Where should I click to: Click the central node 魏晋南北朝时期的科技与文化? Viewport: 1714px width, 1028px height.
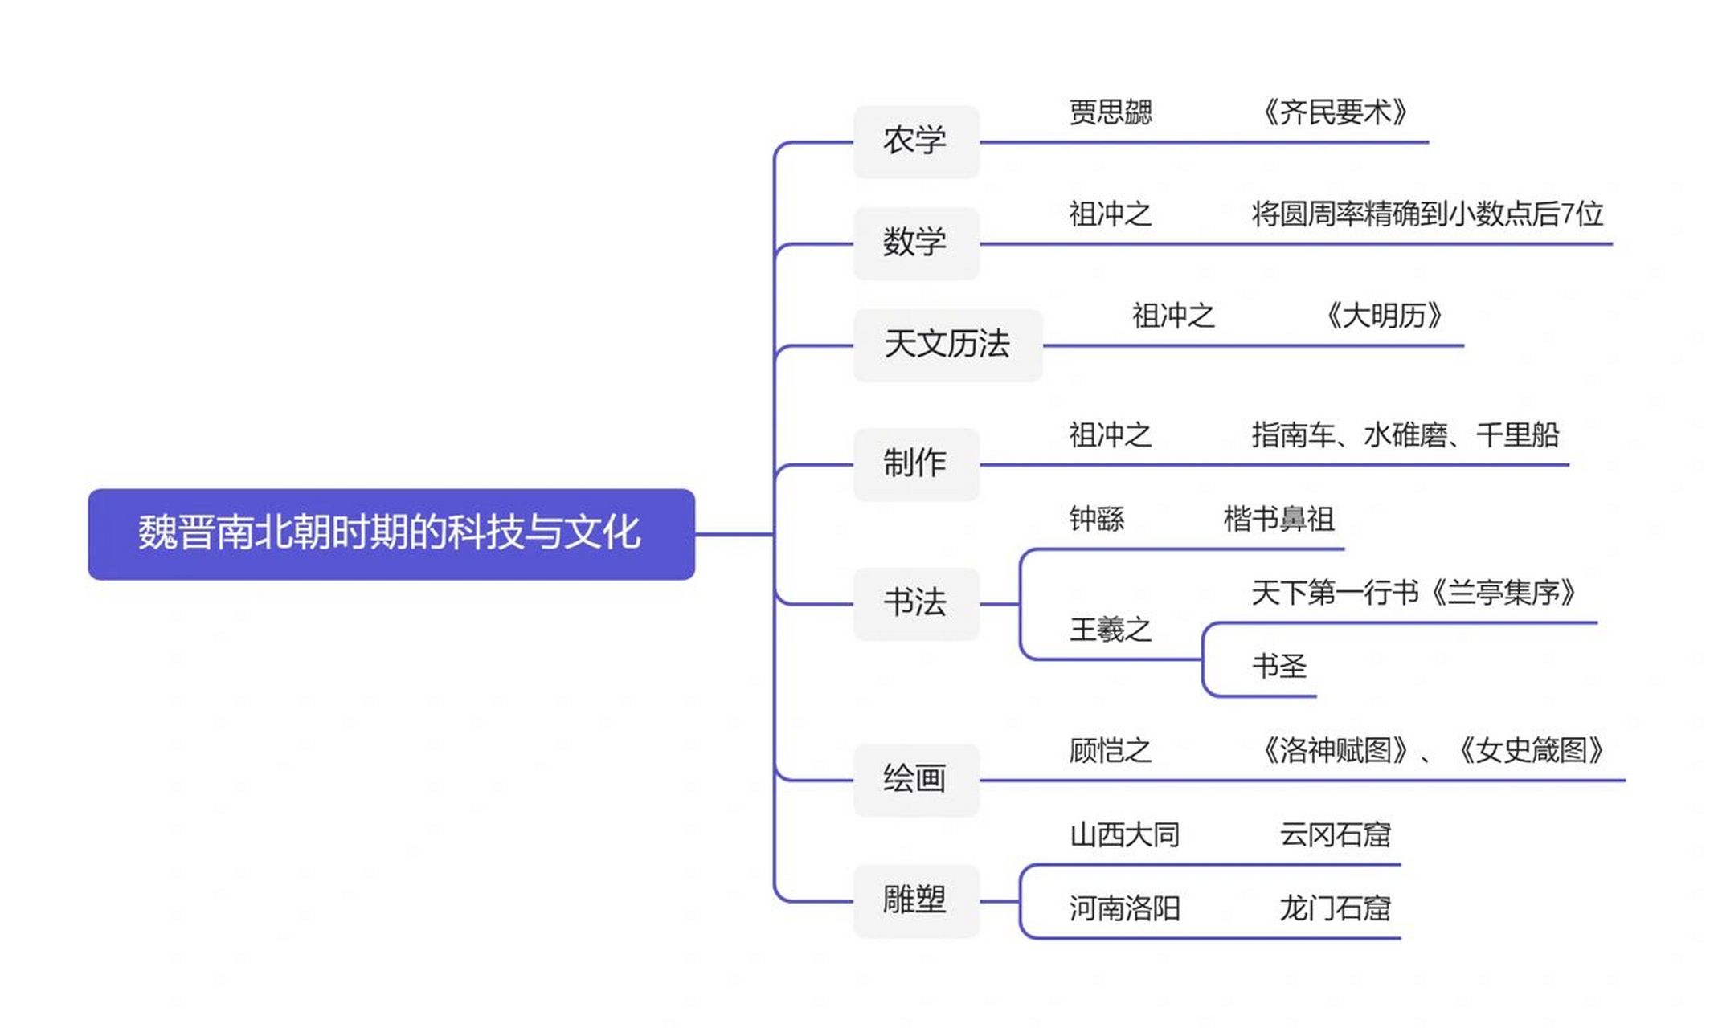[391, 533]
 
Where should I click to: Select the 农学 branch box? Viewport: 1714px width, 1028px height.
[915, 141]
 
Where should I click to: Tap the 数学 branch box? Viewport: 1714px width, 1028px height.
[915, 243]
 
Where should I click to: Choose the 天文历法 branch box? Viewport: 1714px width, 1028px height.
[947, 345]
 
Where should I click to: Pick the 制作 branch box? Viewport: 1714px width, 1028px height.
[915, 463]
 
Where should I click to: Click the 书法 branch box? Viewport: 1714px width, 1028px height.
[915, 602]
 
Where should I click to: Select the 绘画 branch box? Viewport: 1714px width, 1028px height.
[915, 779]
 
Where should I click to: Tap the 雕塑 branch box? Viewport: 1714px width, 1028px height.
[915, 900]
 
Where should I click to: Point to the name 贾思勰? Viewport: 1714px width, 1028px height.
[1110, 112]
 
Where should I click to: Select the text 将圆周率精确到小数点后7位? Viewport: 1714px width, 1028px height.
[1427, 214]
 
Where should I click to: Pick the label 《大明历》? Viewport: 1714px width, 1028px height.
[1384, 316]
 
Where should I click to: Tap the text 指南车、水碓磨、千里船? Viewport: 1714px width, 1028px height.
[1405, 435]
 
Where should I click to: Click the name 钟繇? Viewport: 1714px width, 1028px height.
[1096, 520]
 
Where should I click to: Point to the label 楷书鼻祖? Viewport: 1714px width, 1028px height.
[1278, 520]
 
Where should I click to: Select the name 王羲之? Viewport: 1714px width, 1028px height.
[1110, 630]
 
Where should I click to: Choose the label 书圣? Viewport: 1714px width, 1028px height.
[1278, 667]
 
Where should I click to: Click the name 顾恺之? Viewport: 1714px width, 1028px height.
[1110, 751]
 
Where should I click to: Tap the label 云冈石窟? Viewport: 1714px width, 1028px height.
[1335, 835]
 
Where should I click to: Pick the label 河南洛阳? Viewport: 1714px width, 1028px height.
[1124, 909]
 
